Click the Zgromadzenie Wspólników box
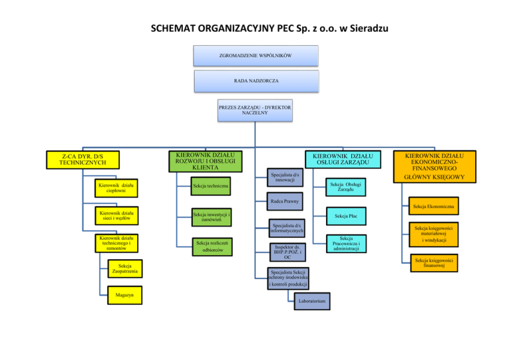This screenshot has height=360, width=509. point(256,56)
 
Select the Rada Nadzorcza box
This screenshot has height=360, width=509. point(256,81)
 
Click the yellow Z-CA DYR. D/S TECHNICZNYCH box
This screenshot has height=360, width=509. point(82,158)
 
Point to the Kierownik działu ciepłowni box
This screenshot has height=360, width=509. point(116,189)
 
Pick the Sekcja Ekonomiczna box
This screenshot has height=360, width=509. point(433,208)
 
